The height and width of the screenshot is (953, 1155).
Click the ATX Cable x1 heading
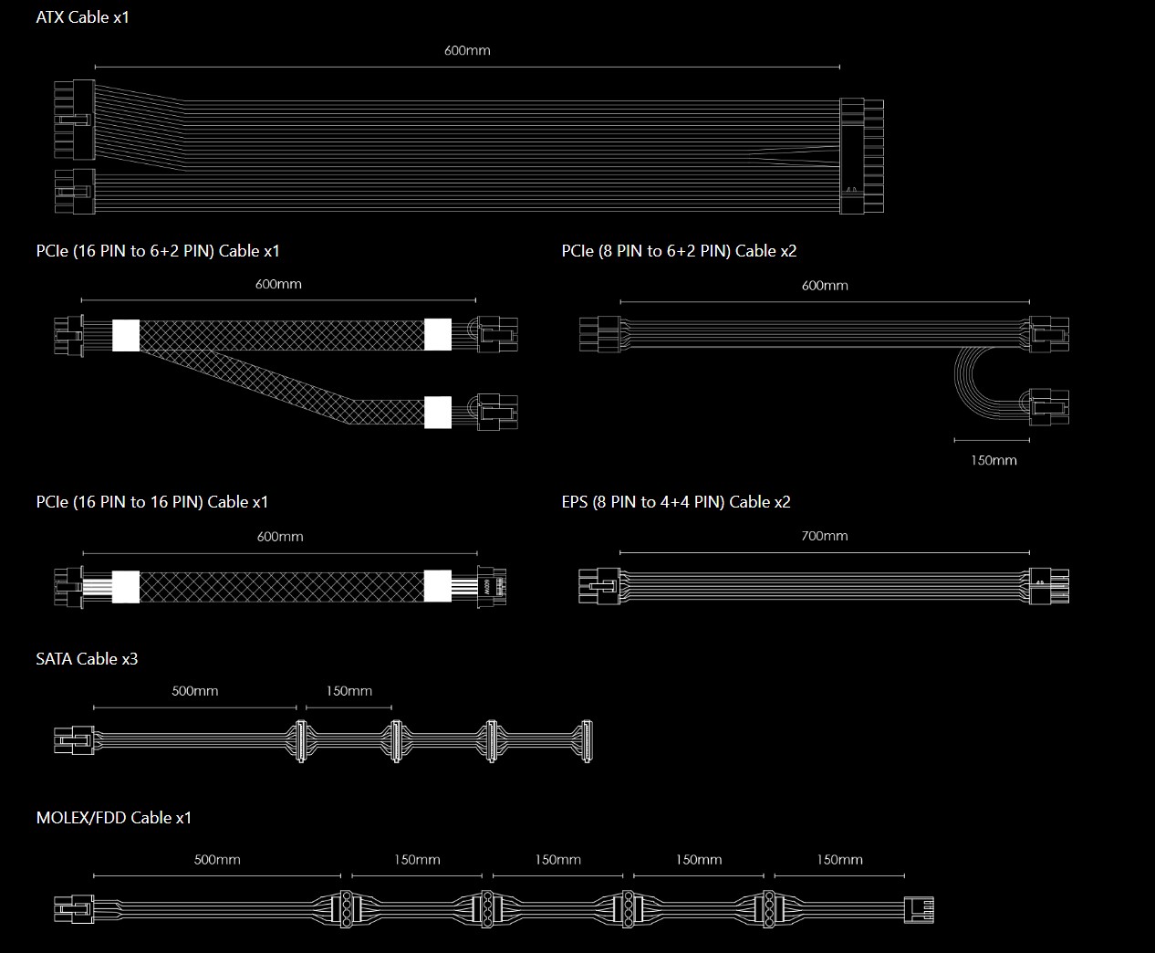click(82, 17)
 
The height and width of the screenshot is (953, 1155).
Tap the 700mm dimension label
click(824, 536)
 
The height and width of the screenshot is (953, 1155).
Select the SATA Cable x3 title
click(87, 658)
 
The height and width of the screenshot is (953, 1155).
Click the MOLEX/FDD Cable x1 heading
click(113, 817)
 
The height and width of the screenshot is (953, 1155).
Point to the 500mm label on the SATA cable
click(194, 691)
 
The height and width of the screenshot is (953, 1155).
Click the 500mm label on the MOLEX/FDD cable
click(217, 860)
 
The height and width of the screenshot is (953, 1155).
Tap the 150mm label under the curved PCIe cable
click(994, 460)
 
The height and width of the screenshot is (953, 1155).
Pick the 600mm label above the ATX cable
click(467, 50)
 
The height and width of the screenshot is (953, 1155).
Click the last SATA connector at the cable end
click(586, 741)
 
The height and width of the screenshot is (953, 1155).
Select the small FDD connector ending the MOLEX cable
click(919, 910)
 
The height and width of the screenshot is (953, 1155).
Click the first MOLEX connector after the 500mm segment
click(346, 908)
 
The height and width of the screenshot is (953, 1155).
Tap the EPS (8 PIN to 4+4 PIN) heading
click(676, 502)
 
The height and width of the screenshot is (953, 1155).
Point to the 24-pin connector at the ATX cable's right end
click(861, 156)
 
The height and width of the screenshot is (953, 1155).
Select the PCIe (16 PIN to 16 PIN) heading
click(152, 502)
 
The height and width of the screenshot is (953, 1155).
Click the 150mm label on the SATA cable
click(349, 691)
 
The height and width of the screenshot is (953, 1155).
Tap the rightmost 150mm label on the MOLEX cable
click(839, 860)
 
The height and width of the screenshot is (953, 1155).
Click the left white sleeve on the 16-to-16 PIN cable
click(126, 587)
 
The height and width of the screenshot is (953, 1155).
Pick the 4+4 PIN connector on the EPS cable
click(1049, 586)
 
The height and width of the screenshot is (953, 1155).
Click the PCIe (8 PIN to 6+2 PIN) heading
click(680, 251)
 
